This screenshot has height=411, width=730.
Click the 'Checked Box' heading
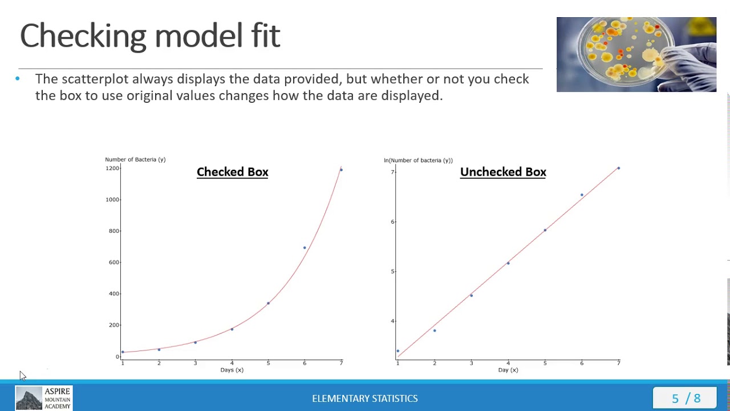click(x=232, y=172)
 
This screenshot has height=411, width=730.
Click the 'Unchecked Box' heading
click(x=503, y=172)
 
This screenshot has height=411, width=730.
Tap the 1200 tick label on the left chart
click(x=112, y=168)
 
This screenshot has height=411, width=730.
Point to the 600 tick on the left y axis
click(x=113, y=262)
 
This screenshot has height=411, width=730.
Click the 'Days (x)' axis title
click(x=232, y=370)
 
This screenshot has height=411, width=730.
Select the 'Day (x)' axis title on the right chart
click(x=508, y=370)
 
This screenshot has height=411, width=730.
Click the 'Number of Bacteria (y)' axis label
click(x=135, y=159)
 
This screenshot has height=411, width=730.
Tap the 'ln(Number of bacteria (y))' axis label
click(x=418, y=160)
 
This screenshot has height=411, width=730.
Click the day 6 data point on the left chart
click(x=305, y=248)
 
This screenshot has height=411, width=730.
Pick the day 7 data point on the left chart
click(x=341, y=170)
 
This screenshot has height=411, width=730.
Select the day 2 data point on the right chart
click(x=435, y=331)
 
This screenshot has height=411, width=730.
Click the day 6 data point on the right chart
click(x=582, y=195)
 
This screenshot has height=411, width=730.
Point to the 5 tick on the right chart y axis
click(x=392, y=271)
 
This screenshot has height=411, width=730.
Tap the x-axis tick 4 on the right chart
click(x=508, y=363)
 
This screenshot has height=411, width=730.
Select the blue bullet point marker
click(x=18, y=79)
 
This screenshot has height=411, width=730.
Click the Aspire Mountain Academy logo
click(x=43, y=398)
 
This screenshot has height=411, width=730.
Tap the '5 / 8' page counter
click(x=686, y=398)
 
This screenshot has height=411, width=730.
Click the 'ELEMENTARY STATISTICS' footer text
click(x=364, y=398)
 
